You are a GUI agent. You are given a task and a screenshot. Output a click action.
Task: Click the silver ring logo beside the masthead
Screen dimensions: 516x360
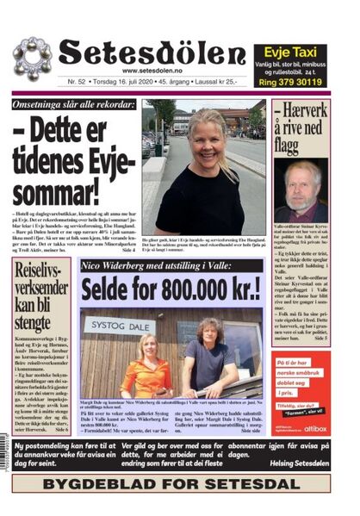pyautogui.click(x=31, y=58)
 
